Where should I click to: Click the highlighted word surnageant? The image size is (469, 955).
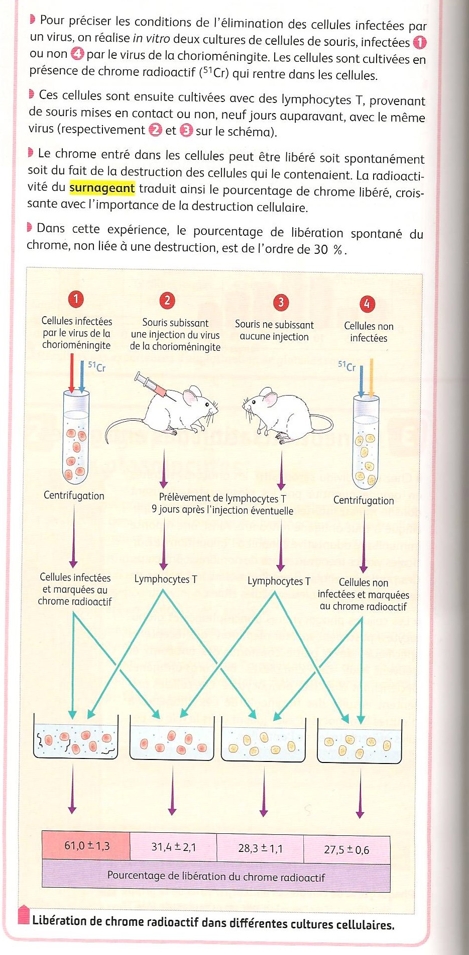(102, 188)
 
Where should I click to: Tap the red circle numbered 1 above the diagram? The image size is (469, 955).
(76, 300)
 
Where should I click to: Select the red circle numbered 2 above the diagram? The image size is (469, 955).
(167, 301)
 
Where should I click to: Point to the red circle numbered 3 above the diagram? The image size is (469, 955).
(281, 302)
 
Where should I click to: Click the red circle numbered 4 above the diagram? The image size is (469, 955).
(367, 304)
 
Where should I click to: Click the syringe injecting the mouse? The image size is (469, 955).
(150, 385)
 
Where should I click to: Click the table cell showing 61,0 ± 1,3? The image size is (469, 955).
(86, 846)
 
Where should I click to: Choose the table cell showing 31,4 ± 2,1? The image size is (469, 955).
(173, 847)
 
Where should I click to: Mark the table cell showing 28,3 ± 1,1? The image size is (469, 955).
(260, 849)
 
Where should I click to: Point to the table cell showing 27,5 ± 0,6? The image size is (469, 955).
(346, 850)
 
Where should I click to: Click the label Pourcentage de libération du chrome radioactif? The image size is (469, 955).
(216, 877)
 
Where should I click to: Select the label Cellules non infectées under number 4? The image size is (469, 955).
(369, 332)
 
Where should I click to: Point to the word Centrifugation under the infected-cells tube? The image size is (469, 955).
(74, 496)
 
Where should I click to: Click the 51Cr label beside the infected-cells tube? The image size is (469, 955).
(97, 366)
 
